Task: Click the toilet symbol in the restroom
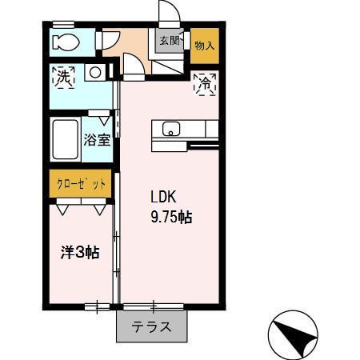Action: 62,42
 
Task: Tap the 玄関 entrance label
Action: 168,41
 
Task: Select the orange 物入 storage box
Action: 204,46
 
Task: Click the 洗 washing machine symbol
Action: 63,77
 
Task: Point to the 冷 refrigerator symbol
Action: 204,82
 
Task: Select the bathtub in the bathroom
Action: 64,142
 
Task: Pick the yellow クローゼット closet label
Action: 81,184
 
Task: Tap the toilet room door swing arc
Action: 110,40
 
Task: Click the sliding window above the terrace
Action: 154,306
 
